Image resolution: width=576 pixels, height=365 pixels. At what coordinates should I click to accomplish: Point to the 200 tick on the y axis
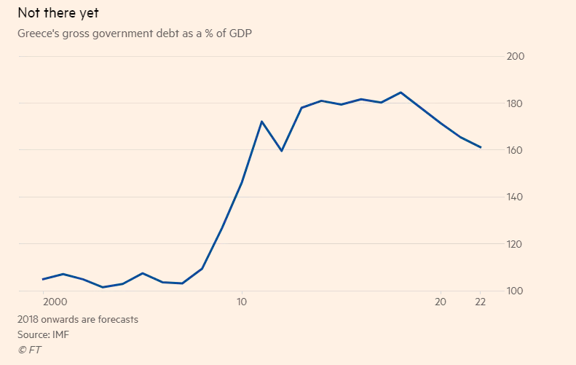515,57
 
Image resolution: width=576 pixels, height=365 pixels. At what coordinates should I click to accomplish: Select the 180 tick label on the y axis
515,103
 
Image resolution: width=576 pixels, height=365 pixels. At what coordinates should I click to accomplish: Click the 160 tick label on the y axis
515,150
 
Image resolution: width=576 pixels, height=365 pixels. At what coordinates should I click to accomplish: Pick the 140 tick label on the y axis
515,197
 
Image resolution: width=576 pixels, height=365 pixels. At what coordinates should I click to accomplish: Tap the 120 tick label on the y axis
515,244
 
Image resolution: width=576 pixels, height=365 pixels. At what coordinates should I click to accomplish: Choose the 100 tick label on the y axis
515,291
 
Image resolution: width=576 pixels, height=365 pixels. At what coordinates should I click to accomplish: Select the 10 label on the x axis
242,301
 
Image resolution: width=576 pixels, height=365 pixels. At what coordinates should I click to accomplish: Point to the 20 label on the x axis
441,301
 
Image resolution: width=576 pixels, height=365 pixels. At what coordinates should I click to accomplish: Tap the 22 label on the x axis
481,301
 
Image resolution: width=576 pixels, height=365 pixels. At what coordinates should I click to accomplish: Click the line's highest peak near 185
401,93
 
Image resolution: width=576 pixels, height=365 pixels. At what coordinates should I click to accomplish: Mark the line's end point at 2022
481,147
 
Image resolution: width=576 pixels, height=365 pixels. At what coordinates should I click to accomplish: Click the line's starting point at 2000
43,279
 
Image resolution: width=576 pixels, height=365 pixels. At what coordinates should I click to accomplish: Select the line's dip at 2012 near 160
281,151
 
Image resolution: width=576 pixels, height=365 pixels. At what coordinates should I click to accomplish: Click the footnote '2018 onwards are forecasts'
78,319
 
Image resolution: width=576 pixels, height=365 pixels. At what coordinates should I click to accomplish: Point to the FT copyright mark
28,350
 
